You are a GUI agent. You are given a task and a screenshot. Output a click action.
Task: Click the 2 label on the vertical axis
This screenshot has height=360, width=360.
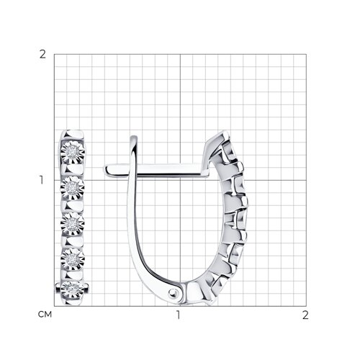pyautogui.click(x=42, y=55)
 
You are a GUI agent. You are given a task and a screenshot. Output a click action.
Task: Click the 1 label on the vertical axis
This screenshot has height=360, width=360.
pyautogui.click(x=42, y=180)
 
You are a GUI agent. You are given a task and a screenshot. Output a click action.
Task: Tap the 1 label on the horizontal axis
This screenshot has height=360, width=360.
pyautogui.click(x=178, y=315)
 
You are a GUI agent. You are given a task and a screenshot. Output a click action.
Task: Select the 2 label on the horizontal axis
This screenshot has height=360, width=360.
pyautogui.click(x=305, y=315)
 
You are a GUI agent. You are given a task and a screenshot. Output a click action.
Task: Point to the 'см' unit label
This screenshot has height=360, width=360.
pyautogui.click(x=45, y=315)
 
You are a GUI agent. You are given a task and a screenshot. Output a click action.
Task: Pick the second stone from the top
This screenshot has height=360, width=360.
pyautogui.click(x=72, y=188)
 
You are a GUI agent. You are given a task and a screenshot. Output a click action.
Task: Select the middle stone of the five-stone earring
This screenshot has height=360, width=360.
pyautogui.click(x=72, y=224)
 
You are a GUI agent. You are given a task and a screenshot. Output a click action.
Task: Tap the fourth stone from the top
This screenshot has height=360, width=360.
pyautogui.click(x=73, y=259)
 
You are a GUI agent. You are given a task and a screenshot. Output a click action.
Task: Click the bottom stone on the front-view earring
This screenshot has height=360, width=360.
pyautogui.click(x=72, y=289)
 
